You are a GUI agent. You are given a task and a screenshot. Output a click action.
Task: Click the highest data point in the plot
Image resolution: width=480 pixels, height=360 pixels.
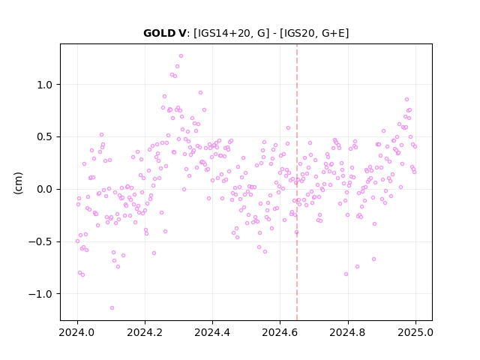point(181,56)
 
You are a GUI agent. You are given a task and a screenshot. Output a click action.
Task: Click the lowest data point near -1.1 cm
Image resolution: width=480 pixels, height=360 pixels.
point(112,308)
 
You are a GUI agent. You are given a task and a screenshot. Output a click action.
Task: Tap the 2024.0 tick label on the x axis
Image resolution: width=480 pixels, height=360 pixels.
point(77,332)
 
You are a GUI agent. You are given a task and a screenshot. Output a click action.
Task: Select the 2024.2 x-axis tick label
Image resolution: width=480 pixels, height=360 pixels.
point(145,332)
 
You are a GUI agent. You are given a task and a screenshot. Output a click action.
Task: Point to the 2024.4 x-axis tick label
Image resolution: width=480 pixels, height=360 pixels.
point(212,332)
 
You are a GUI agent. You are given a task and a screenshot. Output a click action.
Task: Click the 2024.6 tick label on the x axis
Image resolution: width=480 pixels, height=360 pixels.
point(280,332)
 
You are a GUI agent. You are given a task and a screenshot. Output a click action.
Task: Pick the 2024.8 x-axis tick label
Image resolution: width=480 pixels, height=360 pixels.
point(347,332)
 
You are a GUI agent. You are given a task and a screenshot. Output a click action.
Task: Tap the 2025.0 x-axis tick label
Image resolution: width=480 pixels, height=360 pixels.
point(415,332)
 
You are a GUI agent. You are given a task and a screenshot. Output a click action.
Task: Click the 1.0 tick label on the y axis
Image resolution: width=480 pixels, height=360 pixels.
point(45,85)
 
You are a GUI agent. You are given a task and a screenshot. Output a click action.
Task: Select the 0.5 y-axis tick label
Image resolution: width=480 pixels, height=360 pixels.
point(45,136)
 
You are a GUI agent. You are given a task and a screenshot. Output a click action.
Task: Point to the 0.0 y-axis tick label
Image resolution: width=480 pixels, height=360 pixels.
point(45,189)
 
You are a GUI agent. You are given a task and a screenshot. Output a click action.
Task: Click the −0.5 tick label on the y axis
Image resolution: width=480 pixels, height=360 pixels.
point(40,241)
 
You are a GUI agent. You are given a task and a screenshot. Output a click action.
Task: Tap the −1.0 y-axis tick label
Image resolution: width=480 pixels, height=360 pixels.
point(40,294)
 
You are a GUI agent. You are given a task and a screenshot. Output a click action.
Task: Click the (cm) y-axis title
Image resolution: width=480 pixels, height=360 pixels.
point(18,183)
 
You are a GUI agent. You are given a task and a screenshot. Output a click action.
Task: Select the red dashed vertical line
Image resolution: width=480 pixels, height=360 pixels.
point(297,182)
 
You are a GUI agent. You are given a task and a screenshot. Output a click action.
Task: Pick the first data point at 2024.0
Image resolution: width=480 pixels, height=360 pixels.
point(77,241)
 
